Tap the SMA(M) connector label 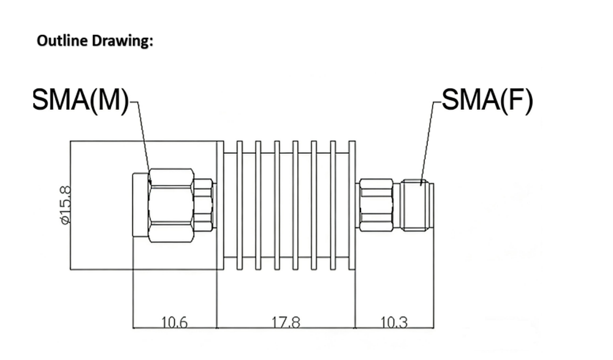pos(80,100)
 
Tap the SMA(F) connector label pos(487,100)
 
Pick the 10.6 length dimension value pos(174,321)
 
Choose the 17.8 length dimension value pos(286,321)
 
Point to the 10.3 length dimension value pos(394,321)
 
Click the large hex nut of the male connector pos(171,205)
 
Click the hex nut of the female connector pos(376,205)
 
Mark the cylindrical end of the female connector pos(416,205)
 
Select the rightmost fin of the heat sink pos(352,205)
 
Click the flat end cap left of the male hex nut pos(140,205)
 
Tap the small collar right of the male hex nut pos(205,205)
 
